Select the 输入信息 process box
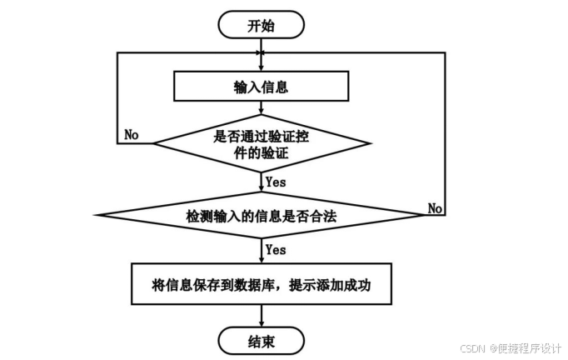(x=261, y=86)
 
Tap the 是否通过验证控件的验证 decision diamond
(x=261, y=142)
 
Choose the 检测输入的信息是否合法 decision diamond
(x=261, y=215)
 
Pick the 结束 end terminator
(x=261, y=340)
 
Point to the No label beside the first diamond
(x=131, y=134)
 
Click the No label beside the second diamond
(x=435, y=207)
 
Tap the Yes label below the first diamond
(x=275, y=181)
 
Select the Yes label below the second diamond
(x=275, y=250)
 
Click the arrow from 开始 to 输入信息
(x=261, y=54)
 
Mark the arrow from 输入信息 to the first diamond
(x=261, y=108)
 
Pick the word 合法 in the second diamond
(x=326, y=215)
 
